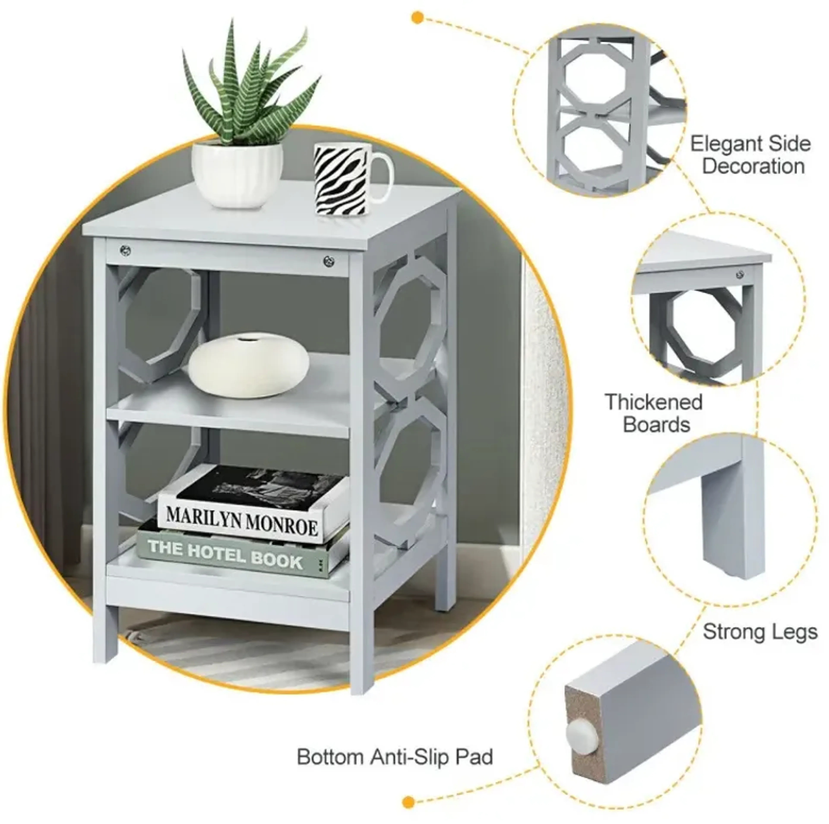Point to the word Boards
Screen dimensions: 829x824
[657, 425]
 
